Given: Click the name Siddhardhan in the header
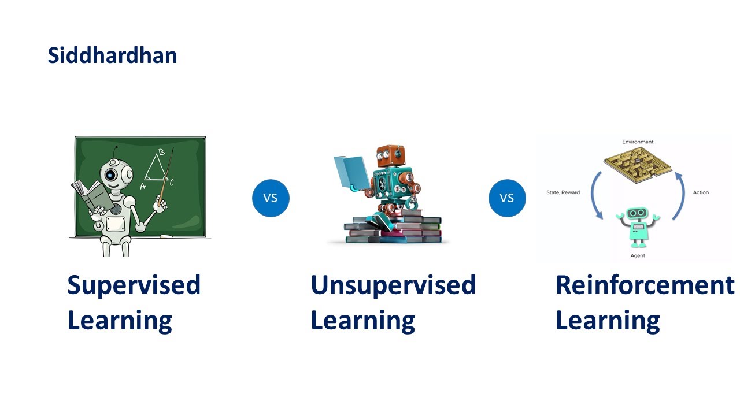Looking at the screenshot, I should pos(112,56).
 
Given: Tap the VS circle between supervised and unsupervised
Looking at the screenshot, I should pos(271,198).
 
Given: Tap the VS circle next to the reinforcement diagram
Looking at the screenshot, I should pos(507,198).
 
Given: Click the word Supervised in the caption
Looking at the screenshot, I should pos(134,285).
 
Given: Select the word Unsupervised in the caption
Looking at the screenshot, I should pos(393,285).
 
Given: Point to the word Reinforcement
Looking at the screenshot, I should pos(644,285).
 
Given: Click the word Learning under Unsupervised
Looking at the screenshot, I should pos(362,320).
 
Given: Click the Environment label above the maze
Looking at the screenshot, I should pos(638,142).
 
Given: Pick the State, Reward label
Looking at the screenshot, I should pos(563,192).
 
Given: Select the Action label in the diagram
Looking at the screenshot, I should pos(701,192).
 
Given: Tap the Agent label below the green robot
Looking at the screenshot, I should pos(638,255).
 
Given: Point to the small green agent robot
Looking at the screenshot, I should pos(638,225).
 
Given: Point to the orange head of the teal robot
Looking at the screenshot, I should pos(392,157).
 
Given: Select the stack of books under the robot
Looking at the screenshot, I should pos(393,229).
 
